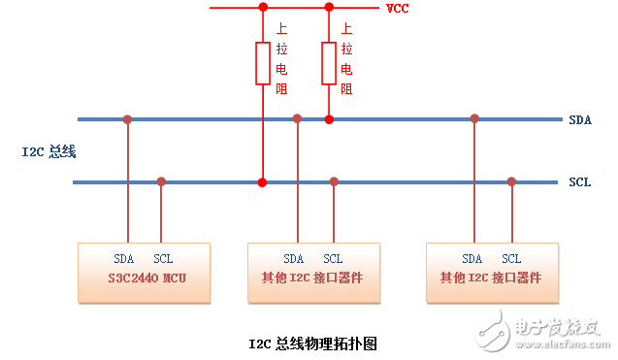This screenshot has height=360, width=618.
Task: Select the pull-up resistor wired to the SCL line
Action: click(262, 64)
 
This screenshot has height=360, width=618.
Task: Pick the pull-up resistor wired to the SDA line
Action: click(329, 64)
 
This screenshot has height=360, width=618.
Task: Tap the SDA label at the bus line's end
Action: click(580, 119)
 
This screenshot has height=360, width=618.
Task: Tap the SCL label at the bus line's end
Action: click(579, 181)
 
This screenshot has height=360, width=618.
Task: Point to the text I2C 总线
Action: click(49, 151)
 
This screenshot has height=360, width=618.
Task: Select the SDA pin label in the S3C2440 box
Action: click(124, 259)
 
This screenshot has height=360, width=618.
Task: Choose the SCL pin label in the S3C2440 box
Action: click(163, 259)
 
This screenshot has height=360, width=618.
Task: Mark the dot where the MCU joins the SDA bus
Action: click(127, 119)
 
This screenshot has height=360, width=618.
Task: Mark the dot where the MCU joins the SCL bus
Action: click(161, 181)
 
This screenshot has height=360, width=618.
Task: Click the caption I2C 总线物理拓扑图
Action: click(311, 344)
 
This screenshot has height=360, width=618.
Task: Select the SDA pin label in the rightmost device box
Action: click(472, 259)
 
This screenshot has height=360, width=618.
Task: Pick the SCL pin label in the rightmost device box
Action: click(511, 259)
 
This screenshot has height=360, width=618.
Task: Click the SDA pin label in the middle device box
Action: click(294, 259)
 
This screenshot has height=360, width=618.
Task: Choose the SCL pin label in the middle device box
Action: click(333, 259)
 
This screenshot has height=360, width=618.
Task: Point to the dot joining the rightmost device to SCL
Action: click(511, 181)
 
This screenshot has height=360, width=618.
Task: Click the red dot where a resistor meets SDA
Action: click(329, 119)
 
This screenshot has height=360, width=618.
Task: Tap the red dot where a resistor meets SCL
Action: click(262, 181)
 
